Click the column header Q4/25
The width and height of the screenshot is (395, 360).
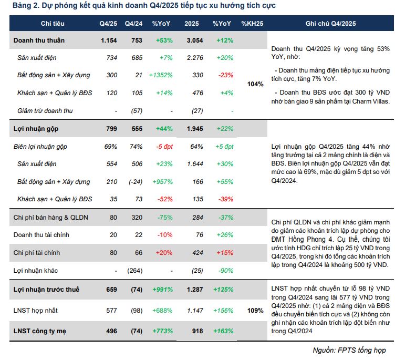109,23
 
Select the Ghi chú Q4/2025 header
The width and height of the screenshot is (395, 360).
330,23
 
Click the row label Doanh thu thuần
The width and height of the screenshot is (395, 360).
40,40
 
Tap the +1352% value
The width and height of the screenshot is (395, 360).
161,76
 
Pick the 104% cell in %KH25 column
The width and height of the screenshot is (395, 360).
255,84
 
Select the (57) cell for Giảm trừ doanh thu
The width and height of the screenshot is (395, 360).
138,111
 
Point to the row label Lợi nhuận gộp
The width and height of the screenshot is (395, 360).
36,129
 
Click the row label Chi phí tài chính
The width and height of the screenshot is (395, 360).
36,253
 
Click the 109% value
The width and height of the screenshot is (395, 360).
255,311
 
